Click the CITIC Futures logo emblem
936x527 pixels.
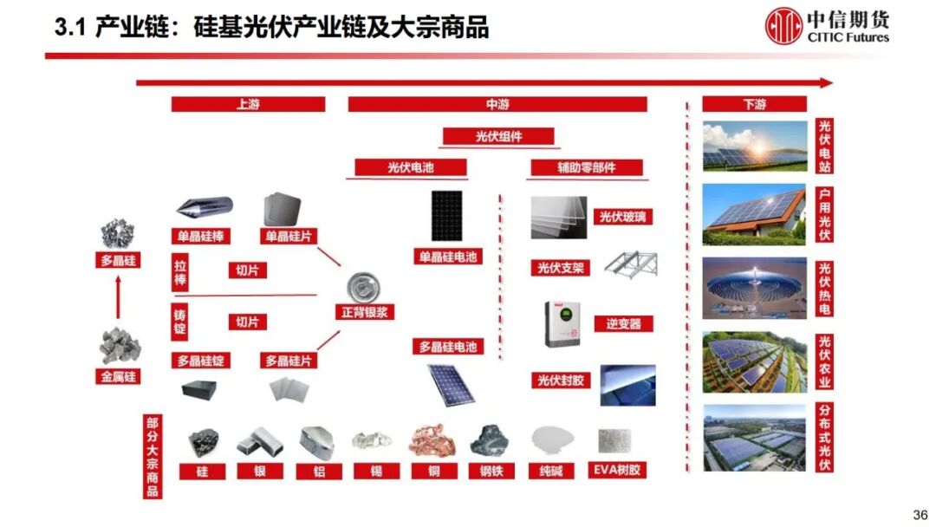(x=785, y=26)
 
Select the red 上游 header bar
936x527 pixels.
(x=248, y=104)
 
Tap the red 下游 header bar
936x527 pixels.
(x=754, y=104)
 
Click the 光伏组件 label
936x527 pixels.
(x=498, y=136)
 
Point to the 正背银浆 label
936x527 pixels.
(x=365, y=312)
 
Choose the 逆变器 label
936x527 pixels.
(x=623, y=323)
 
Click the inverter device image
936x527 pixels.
(x=560, y=322)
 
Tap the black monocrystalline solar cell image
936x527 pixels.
(x=448, y=215)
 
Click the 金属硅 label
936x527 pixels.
(x=118, y=376)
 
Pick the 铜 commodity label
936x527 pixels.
(x=432, y=472)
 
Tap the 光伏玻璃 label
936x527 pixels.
(x=622, y=218)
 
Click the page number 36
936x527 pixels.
(x=920, y=513)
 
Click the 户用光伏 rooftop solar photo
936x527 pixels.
(x=753, y=213)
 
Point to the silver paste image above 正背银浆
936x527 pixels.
(x=365, y=283)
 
